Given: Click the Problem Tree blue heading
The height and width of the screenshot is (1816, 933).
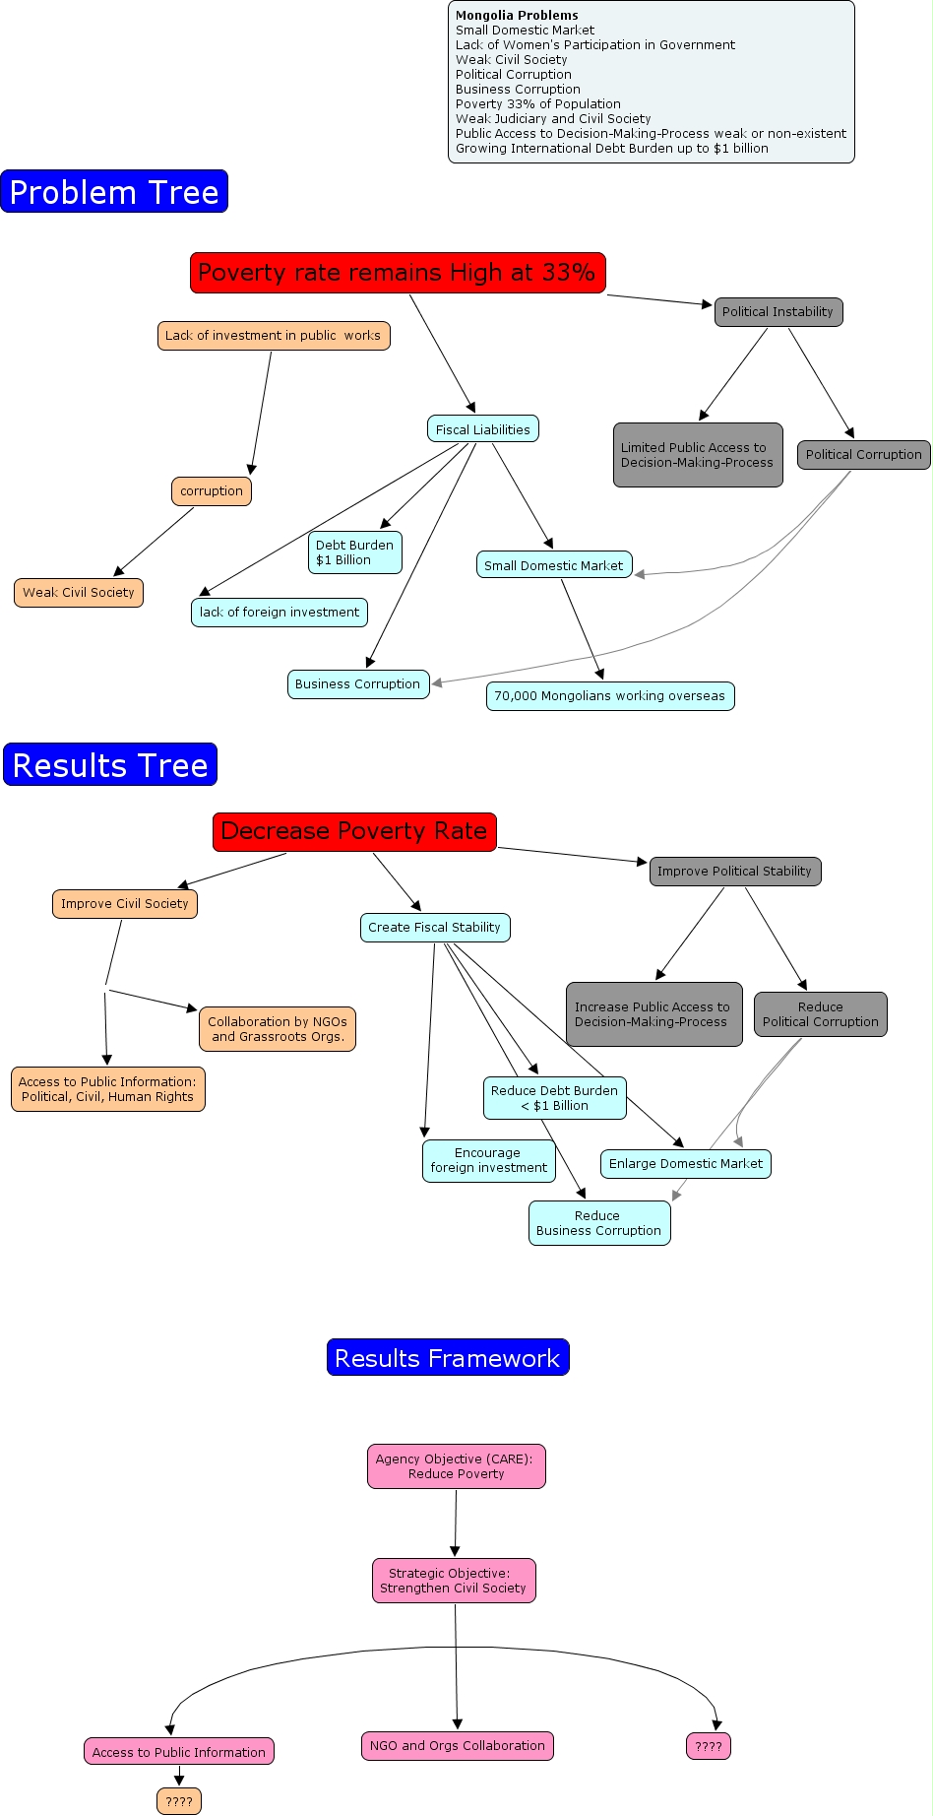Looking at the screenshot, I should tap(114, 192).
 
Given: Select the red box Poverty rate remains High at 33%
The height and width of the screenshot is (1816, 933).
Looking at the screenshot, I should tap(398, 273).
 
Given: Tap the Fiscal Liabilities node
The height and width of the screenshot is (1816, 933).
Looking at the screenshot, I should tap(482, 429).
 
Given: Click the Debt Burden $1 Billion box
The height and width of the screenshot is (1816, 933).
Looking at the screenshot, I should tap(354, 552).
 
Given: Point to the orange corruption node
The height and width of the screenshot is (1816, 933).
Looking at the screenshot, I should tap(212, 491).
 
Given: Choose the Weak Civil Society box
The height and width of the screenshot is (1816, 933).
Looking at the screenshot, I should tap(79, 593).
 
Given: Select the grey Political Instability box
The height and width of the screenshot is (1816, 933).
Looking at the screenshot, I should tap(777, 312).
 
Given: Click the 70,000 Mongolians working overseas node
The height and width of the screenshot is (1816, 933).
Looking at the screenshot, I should tap(609, 696).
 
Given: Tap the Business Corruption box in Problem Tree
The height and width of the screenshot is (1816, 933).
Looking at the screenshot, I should tap(358, 684).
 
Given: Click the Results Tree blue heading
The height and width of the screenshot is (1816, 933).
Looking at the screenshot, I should tap(110, 765).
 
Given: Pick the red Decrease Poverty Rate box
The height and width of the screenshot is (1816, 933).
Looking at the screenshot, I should tap(354, 831).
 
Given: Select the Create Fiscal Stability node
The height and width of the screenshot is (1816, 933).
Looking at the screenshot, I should tap(435, 928).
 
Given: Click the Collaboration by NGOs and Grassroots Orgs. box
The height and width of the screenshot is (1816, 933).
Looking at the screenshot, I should tap(277, 1029).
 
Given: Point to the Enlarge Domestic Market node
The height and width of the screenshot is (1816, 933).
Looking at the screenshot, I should tap(686, 1164).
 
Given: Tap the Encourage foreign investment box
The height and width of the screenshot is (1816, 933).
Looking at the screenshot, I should tap(488, 1161).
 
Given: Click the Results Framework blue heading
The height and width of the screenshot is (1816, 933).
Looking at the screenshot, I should tap(448, 1358).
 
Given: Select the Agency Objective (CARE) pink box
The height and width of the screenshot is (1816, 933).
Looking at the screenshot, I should tap(457, 1466).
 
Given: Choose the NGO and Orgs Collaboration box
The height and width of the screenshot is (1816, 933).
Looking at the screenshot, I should tap(458, 1746).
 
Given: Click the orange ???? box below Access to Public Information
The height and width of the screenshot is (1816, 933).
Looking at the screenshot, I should tap(179, 1801).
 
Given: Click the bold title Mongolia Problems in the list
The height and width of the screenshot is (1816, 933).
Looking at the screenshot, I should tap(517, 16).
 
